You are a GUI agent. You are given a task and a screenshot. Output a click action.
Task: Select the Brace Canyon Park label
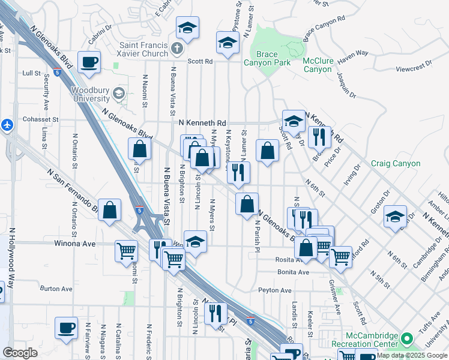pyautogui.click(x=267, y=58)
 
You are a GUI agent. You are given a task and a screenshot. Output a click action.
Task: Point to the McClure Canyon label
pyautogui.click(x=318, y=65)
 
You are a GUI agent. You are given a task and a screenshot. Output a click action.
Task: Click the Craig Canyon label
pyautogui.click(x=396, y=163)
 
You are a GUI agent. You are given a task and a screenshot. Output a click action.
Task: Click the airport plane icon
pyautogui.click(x=7, y=125)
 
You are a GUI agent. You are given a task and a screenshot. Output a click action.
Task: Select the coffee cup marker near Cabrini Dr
pyautogui.click(x=89, y=62)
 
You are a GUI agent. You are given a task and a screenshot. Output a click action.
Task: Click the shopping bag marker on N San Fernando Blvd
pyautogui.click(x=109, y=210)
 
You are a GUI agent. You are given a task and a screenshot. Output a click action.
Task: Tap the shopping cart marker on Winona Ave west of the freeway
pyautogui.click(x=126, y=250)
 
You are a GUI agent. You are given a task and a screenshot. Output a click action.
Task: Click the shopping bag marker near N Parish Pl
pyautogui.click(x=247, y=204)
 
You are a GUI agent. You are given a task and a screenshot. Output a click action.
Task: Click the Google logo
pyautogui.click(x=20, y=353)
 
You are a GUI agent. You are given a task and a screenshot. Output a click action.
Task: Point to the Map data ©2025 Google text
pyautogui.click(x=412, y=355)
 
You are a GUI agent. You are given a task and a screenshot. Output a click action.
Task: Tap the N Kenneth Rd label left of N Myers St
pyautogui.click(x=202, y=122)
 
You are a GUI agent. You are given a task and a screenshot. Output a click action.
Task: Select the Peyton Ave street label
pyautogui.click(x=274, y=290)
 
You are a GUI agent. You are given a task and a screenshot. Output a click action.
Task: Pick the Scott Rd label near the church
pyautogui.click(x=200, y=61)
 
